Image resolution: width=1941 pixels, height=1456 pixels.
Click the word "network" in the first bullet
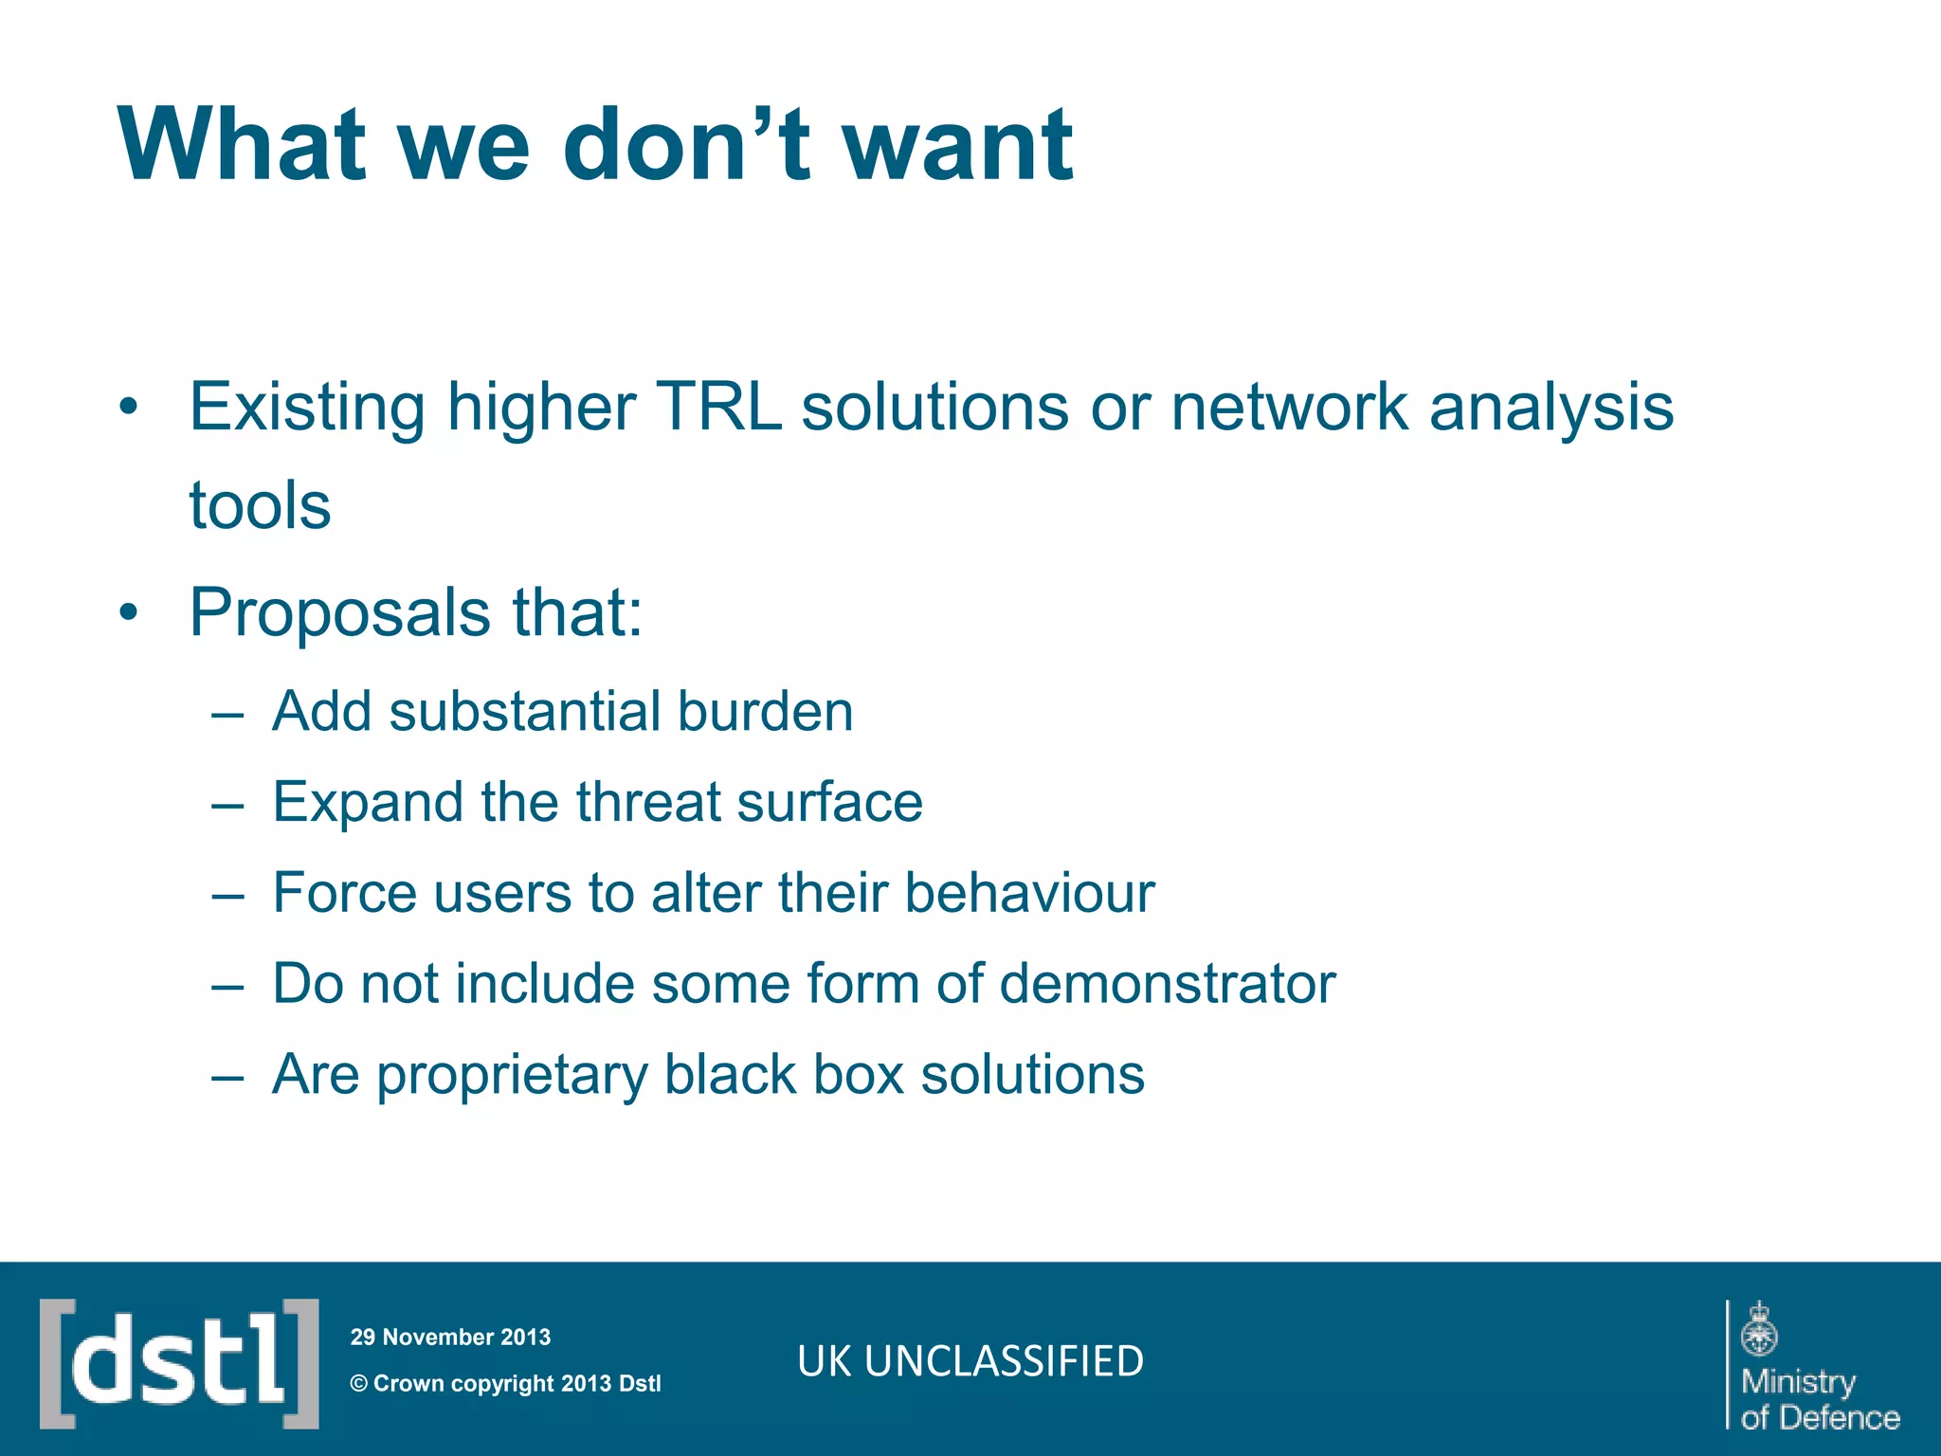pos(1288,408)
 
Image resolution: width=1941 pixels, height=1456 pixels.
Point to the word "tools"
pos(260,505)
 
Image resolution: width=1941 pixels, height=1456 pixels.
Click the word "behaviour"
pos(1029,893)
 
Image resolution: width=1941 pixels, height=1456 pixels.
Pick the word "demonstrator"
pos(1167,983)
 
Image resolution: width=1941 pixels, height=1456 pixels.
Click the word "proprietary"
pos(512,1075)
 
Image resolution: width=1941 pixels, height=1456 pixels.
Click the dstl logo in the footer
pos(179,1363)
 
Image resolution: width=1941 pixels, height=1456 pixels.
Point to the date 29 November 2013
pos(450,1337)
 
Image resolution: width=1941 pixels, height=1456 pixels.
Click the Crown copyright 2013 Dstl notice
pos(505,1383)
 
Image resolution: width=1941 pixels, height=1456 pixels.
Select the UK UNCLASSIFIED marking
pos(970,1361)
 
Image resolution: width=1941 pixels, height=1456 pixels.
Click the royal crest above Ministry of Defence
pos(1759,1329)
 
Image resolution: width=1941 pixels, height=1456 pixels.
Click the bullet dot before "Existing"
pos(129,409)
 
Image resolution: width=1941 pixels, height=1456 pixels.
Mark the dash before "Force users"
pos(228,895)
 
